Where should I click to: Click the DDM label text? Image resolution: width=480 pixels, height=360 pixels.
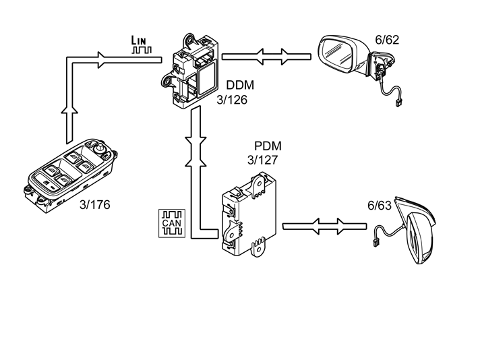tap(240, 85)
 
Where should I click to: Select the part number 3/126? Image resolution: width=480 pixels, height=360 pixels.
tap(232, 100)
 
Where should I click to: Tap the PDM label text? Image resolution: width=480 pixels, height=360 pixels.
tap(268, 146)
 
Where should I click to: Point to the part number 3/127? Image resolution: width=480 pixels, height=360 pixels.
tap(263, 160)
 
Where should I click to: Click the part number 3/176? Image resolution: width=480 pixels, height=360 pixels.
tap(94, 204)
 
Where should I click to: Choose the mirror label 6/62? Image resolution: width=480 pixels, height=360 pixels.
tap(387, 40)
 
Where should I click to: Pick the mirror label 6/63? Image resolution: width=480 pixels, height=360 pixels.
tap(380, 206)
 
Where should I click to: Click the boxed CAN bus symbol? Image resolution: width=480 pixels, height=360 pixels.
tap(172, 223)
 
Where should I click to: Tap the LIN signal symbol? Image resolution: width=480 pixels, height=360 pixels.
tap(141, 44)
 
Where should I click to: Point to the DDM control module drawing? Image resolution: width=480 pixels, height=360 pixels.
tap(190, 71)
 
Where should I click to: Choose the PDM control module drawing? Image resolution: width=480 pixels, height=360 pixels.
tap(249, 214)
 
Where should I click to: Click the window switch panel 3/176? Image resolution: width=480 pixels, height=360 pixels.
tap(70, 176)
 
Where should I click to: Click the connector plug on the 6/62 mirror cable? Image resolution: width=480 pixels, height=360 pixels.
tap(398, 103)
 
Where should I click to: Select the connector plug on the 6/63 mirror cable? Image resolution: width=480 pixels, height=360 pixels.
tap(376, 243)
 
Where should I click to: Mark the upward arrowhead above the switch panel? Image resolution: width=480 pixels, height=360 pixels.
tap(70, 110)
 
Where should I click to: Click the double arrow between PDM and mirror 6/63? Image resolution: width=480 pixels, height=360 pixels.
tap(324, 227)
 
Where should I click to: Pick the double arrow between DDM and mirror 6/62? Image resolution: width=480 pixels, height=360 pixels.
tap(266, 57)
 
